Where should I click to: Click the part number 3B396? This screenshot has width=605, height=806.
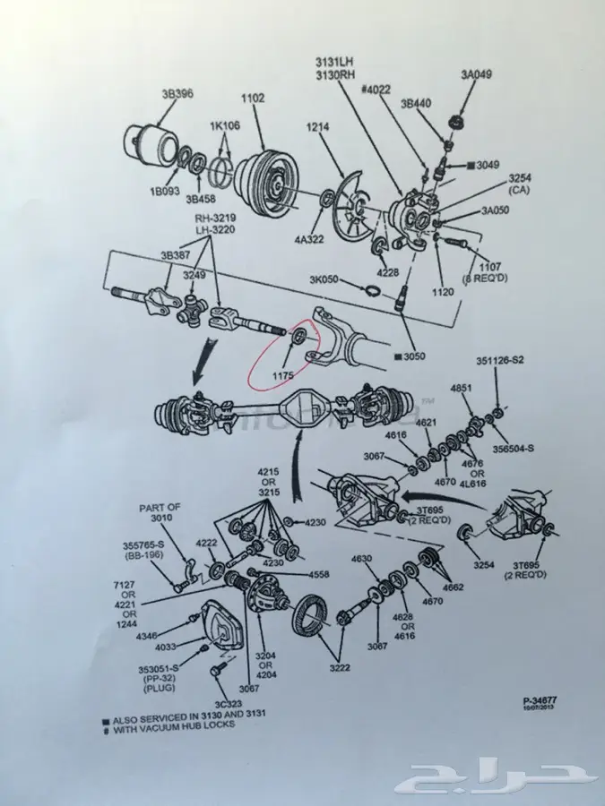coord(176,92)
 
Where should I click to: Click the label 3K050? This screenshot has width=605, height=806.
coord(324,279)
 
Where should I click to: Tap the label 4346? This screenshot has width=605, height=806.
coord(146,636)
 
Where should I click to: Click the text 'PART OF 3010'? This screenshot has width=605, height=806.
coord(160,512)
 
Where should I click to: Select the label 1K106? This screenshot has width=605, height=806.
coord(224,125)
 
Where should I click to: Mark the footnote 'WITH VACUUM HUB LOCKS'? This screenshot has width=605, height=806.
coord(176,725)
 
